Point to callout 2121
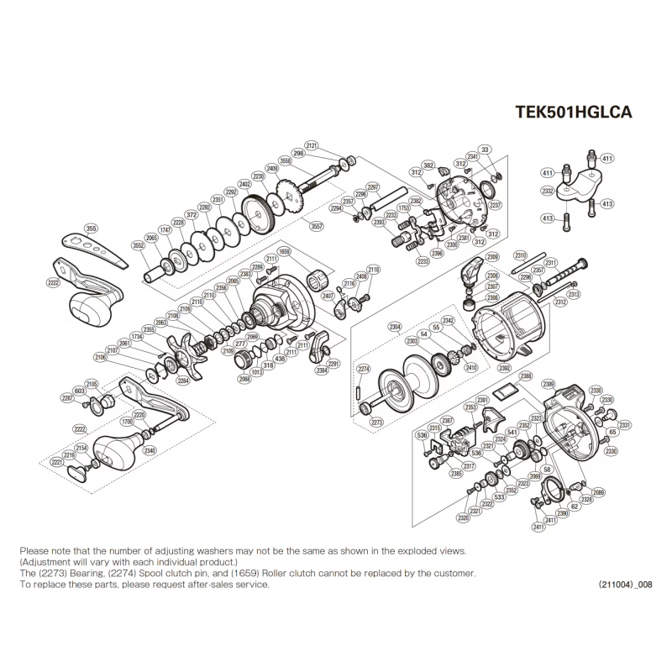312,146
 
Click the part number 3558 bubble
286,160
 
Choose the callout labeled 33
485,150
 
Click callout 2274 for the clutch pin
364,369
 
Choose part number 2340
150,451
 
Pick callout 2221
57,462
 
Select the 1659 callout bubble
284,250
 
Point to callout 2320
463,519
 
